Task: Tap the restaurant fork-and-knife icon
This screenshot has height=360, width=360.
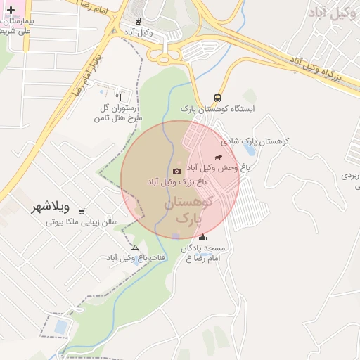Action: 118,97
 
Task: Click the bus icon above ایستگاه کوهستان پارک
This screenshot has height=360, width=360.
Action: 218,98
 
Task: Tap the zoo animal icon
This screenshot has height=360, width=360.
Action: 218,156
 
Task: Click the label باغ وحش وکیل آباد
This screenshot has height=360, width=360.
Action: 218,168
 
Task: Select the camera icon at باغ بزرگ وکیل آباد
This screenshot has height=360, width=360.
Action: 176,171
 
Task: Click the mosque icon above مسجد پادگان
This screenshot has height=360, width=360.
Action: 203,237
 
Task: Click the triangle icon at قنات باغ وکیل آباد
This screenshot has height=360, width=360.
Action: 135,247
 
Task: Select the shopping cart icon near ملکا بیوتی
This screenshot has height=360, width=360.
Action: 82,211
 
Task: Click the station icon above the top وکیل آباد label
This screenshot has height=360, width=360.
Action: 137,21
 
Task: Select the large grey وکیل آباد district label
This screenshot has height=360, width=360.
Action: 333,11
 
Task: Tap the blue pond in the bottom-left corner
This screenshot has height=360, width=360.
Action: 61,327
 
